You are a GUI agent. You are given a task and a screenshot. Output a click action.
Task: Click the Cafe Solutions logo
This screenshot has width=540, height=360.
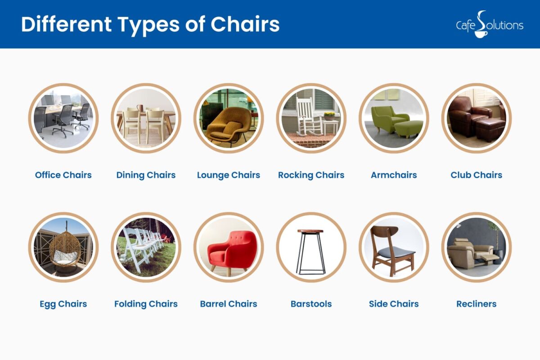pos(489,24)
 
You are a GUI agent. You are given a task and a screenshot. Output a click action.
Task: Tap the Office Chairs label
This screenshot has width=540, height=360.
pos(63,175)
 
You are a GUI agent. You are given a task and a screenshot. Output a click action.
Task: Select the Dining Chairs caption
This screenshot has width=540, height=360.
pos(146,175)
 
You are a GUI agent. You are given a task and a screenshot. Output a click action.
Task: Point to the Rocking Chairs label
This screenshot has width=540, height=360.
pos(311,175)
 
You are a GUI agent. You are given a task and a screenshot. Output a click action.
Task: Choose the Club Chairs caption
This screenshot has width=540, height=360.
pos(476,175)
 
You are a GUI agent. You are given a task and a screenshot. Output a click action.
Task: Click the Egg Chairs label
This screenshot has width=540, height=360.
pos(63,304)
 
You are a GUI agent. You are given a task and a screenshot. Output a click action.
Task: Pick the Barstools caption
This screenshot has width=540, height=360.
pos(311,304)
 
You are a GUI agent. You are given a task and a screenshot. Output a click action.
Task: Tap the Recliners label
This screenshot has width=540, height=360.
pos(476,304)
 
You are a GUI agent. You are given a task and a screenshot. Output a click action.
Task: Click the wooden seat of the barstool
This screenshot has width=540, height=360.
pos(310,231)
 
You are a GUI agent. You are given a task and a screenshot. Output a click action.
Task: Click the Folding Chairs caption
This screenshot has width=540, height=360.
pos(146,304)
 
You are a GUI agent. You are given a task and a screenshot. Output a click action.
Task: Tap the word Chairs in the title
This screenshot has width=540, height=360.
pos(245,24)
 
